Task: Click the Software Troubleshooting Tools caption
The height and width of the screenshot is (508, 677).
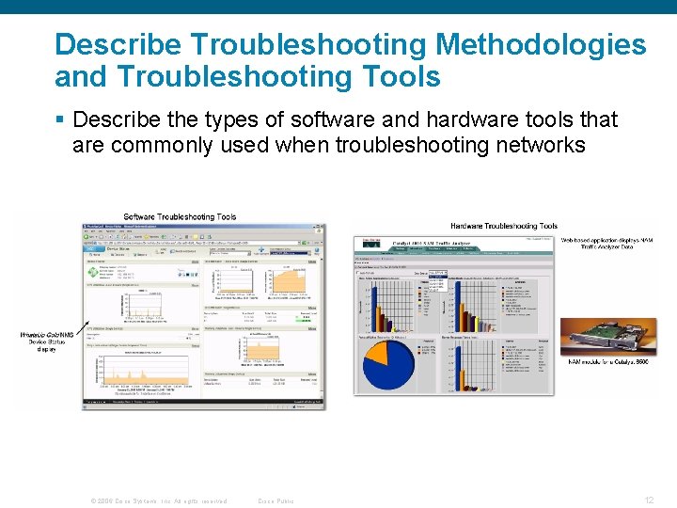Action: point(180,217)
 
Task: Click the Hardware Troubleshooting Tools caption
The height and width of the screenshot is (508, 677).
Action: point(504,226)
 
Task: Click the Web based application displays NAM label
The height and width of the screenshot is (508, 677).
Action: point(607,244)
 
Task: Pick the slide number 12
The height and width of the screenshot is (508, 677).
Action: point(649,500)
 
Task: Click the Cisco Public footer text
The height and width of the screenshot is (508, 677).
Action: point(276,500)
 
